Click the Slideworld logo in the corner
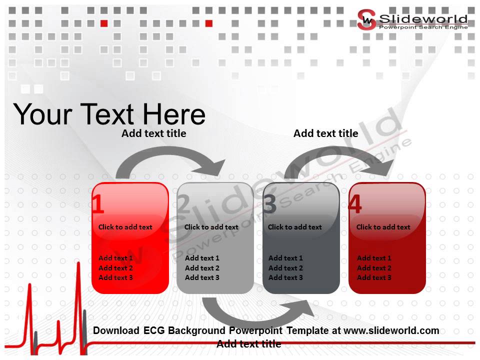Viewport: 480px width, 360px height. [x=412, y=20]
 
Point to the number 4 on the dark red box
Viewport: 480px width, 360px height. [x=355, y=205]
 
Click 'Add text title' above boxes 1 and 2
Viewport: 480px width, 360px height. [x=153, y=133]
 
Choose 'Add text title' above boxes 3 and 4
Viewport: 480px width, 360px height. [x=325, y=133]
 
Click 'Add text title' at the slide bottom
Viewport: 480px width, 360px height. [x=248, y=344]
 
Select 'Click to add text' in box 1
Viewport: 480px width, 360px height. [x=125, y=227]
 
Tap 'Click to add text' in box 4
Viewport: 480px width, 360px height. [x=383, y=227]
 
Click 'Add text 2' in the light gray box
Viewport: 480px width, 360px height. [x=202, y=268]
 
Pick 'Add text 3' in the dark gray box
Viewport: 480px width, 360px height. [x=285, y=277]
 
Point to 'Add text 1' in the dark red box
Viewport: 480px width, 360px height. [x=374, y=258]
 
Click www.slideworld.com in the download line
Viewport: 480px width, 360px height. [x=391, y=330]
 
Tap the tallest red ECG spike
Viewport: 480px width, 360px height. [x=78, y=280]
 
